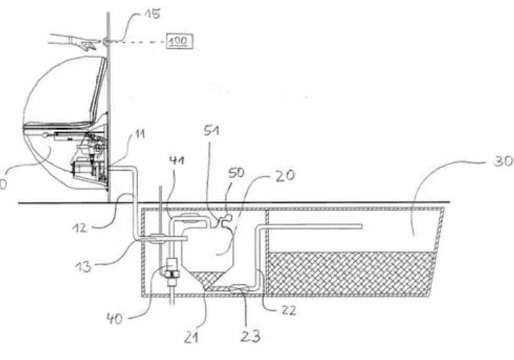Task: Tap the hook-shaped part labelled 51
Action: point(222,222)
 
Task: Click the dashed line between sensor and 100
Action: point(138,42)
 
